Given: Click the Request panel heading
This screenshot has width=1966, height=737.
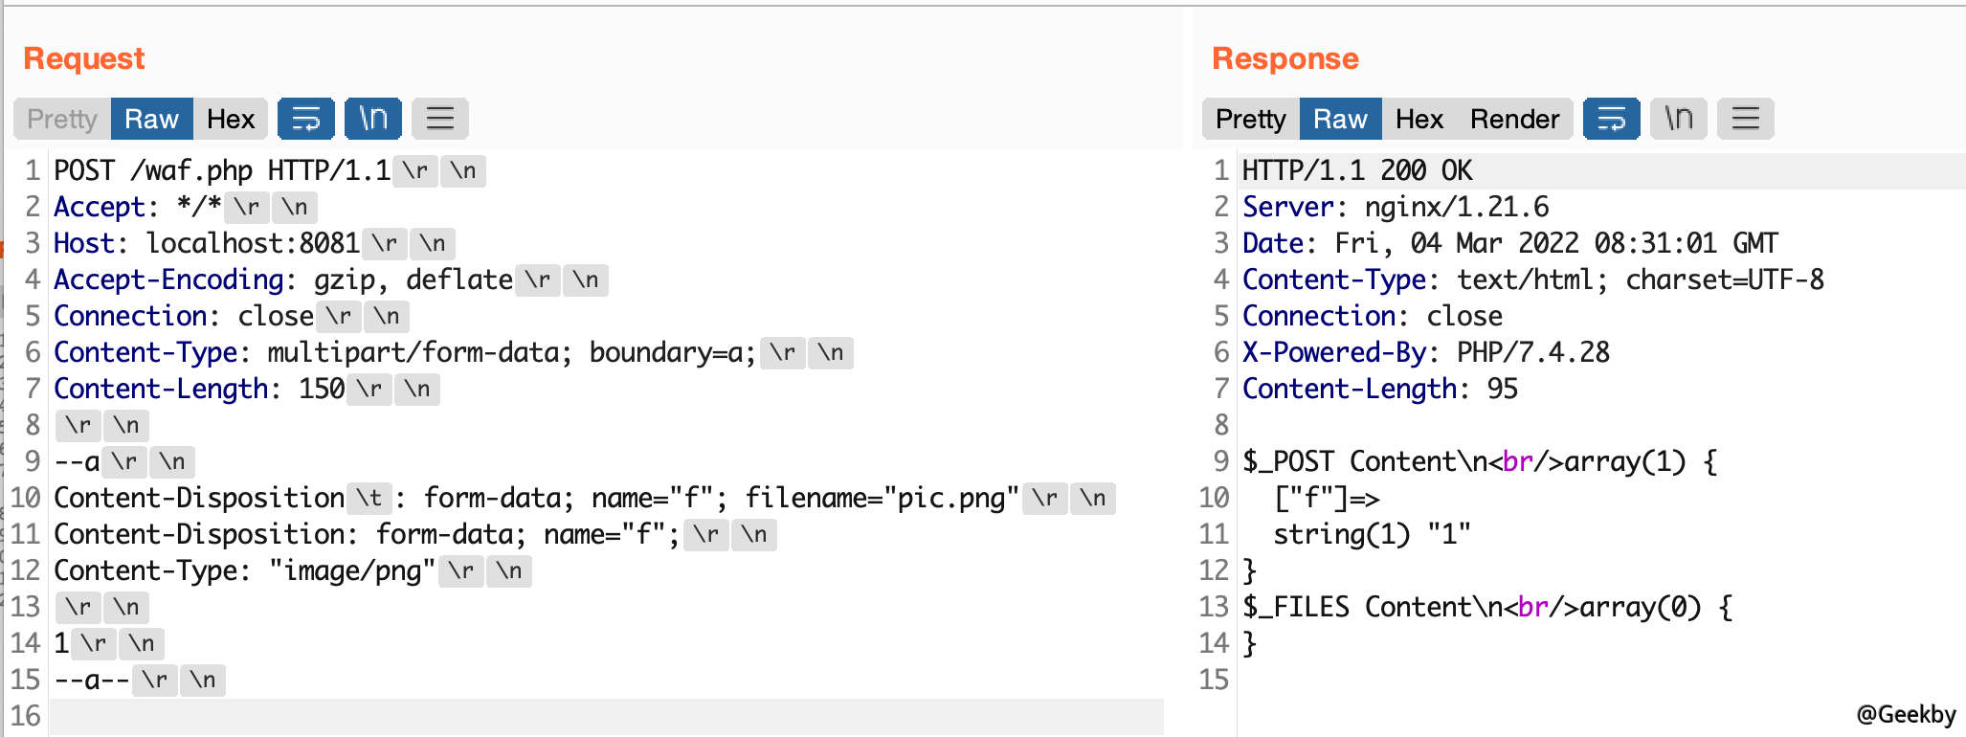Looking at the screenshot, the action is point(84,58).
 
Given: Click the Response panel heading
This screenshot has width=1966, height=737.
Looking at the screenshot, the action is point(1285,58).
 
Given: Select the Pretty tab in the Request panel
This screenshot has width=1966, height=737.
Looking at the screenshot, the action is point(62,119).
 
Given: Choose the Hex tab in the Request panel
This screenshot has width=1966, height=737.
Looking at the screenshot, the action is point(231,119).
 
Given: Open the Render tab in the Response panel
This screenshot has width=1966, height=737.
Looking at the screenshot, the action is point(1514,119).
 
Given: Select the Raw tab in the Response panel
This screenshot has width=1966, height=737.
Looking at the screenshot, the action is point(1340,119).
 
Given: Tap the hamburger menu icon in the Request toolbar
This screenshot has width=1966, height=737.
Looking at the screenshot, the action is point(439,119).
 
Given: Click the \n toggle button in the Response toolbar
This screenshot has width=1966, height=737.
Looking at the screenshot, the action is point(1678,119).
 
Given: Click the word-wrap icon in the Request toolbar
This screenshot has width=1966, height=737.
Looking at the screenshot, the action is point(305,119).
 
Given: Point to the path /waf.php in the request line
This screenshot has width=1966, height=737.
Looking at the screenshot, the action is point(191,171).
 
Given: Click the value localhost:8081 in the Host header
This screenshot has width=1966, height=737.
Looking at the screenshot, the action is point(253,243).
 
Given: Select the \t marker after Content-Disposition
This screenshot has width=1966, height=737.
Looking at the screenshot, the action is point(369,498).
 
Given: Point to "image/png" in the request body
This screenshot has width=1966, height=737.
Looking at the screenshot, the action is point(352,570).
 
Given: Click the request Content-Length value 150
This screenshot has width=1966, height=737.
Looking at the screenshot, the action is point(322,389).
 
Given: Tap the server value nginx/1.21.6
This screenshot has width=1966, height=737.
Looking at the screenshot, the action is point(1457,207).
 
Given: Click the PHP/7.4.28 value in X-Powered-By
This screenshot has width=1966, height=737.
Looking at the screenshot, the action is point(1533,352).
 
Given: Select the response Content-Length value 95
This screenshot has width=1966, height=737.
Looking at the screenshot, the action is point(1503,389).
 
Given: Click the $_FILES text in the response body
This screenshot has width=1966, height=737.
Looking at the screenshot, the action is point(1296,607).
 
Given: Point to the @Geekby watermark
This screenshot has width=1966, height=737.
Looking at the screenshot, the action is point(1906,714).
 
